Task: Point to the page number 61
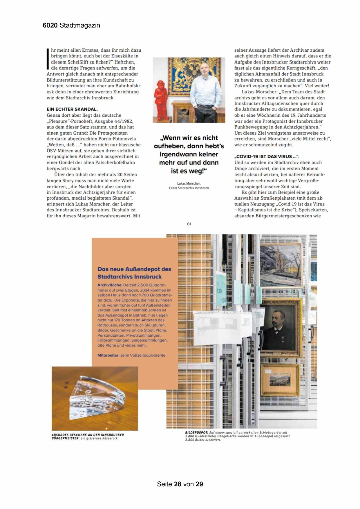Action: click(189, 224)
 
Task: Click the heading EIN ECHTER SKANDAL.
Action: click(72, 109)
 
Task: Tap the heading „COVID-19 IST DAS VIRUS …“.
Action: click(267, 156)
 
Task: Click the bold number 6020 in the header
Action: click(50, 26)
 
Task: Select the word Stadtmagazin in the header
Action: click(80, 26)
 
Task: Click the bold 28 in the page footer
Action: click(178, 484)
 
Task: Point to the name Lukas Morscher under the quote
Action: click(189, 183)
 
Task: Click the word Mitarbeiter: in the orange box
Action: click(108, 355)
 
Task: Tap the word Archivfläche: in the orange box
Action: click(110, 285)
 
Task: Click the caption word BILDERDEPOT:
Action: click(196, 433)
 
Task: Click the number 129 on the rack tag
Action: click(220, 290)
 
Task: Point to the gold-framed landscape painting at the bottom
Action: click(279, 380)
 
